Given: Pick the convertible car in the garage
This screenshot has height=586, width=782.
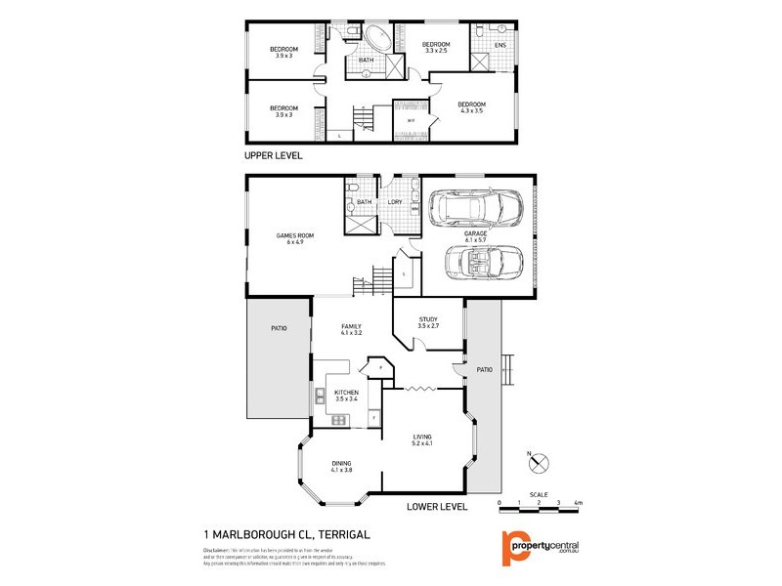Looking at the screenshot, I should pyautogui.click(x=483, y=263).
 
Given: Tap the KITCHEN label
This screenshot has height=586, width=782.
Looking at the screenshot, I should pyautogui.click(x=348, y=395).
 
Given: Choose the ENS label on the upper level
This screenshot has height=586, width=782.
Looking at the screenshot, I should pyautogui.click(x=500, y=46).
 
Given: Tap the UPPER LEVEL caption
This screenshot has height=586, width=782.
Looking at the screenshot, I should pyautogui.click(x=274, y=155).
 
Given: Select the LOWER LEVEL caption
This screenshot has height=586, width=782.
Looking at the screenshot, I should pyautogui.click(x=438, y=507).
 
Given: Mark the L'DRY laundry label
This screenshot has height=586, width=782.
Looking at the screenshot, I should pyautogui.click(x=395, y=202).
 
